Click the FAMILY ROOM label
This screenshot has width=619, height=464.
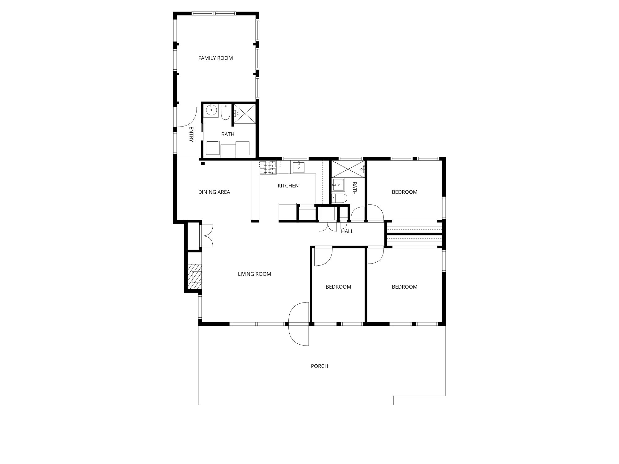point(215,58)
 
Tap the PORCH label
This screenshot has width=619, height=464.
point(319,366)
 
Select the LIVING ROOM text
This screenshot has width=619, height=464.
point(254,274)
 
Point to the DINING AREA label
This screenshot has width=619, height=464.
point(214,192)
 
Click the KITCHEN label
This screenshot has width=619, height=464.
point(288,186)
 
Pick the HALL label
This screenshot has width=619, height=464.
point(347,231)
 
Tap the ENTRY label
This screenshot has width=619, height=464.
point(191,134)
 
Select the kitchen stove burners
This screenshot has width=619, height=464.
point(268,167)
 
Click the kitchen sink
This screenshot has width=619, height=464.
point(298,167)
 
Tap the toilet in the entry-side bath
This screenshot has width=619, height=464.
point(225,112)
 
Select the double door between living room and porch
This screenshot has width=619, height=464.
point(299,324)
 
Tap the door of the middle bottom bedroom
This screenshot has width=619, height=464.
point(323,256)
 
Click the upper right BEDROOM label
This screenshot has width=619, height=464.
point(405,192)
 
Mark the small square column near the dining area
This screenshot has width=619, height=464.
point(203,163)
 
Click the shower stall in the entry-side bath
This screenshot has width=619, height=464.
point(245,114)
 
